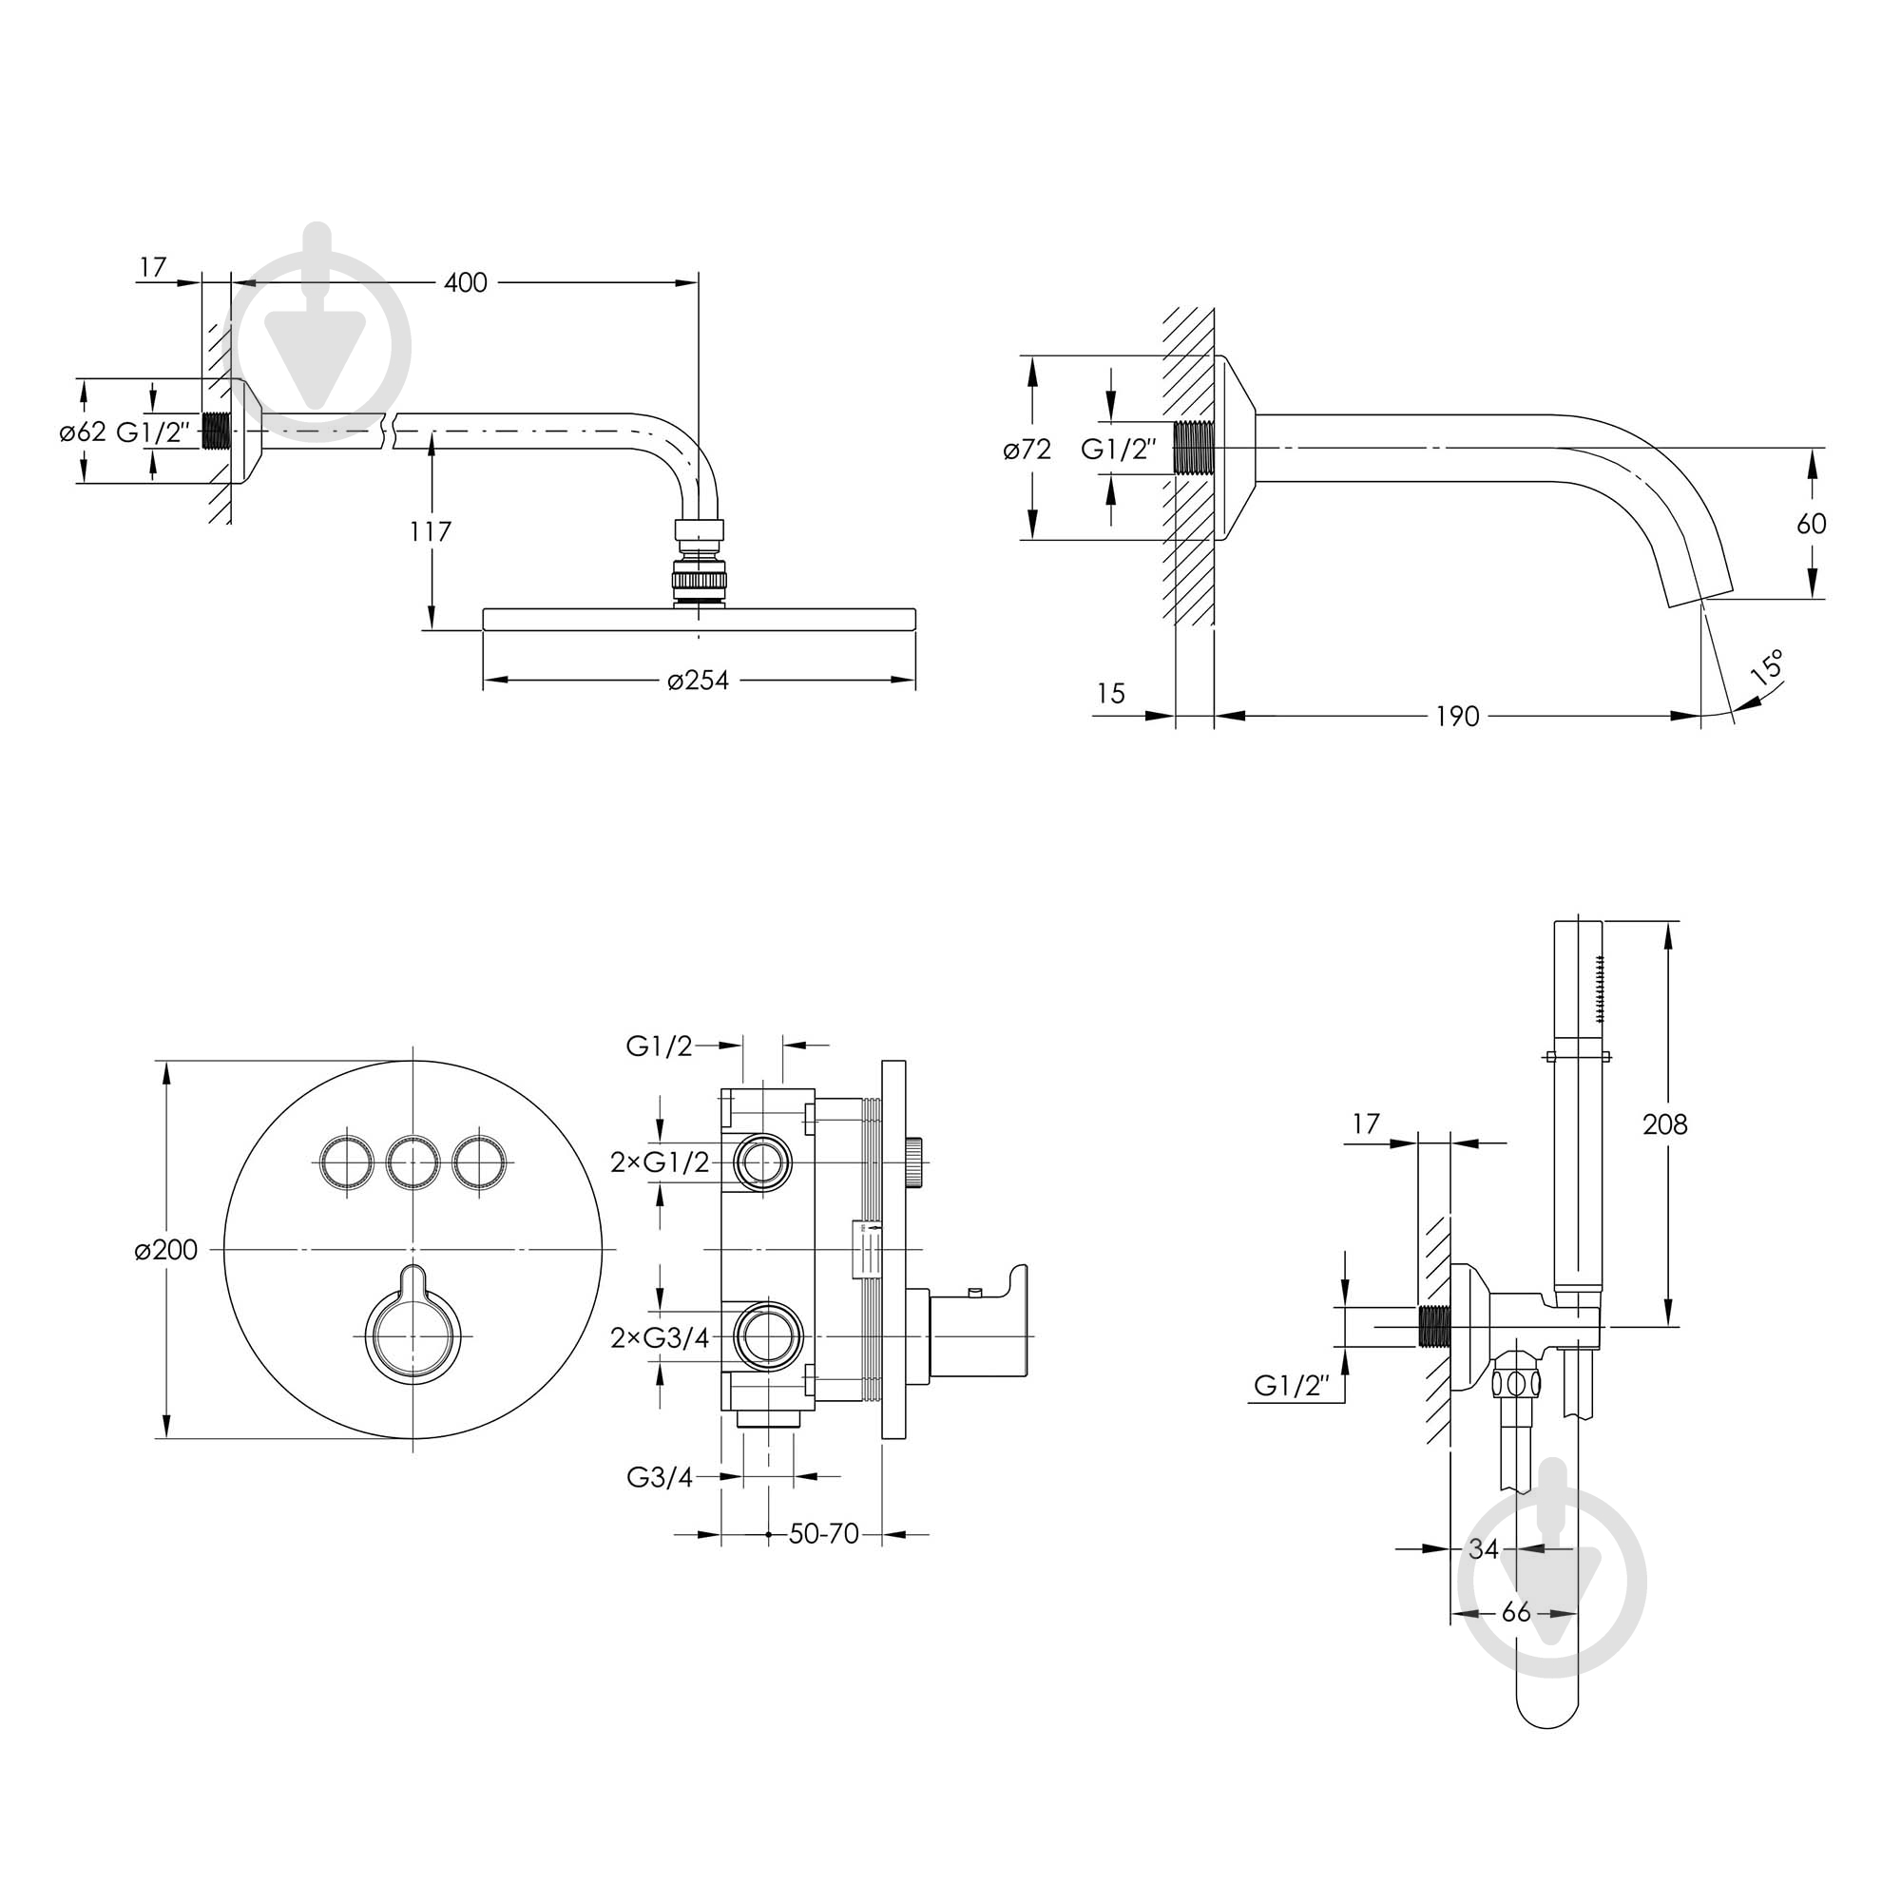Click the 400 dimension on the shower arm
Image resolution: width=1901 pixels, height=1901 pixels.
click(465, 283)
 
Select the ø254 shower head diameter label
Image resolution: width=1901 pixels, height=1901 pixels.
click(698, 680)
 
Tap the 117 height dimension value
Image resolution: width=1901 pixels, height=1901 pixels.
click(430, 531)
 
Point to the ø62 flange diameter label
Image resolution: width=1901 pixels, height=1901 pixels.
click(83, 432)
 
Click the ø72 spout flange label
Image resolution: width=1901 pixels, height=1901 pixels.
click(1027, 450)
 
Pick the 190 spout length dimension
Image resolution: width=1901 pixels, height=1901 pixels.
click(1457, 717)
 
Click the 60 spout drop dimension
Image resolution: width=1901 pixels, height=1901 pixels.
click(1812, 524)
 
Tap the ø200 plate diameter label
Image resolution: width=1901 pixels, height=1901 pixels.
click(166, 1250)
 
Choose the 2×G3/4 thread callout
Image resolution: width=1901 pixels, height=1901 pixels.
click(660, 1337)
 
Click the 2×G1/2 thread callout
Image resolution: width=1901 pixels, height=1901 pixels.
click(660, 1162)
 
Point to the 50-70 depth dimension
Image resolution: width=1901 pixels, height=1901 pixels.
click(824, 1533)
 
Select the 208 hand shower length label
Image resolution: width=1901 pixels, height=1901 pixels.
click(1665, 1123)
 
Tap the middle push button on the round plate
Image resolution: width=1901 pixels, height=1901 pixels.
click(413, 1164)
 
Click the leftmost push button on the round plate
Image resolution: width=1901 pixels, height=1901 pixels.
click(345, 1164)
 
